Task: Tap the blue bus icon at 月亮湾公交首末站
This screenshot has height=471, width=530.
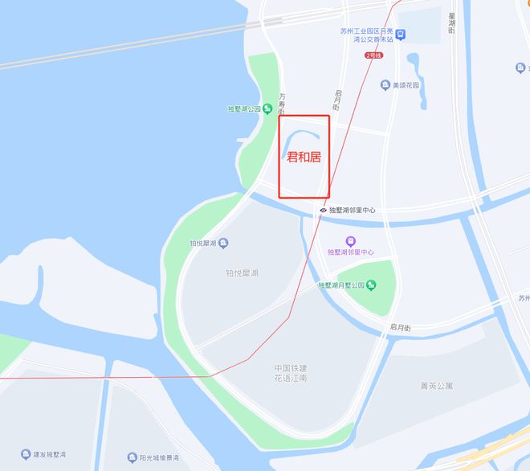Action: (x=400, y=35)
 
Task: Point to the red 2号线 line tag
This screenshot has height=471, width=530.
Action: (x=374, y=55)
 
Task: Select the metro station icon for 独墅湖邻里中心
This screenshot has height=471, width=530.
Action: (x=323, y=211)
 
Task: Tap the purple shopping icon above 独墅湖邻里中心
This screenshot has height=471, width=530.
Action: (x=350, y=240)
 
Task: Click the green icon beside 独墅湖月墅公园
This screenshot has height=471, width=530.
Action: (x=371, y=285)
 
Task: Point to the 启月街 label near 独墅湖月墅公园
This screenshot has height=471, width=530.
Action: (x=400, y=328)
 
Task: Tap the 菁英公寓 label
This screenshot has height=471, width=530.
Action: (x=437, y=387)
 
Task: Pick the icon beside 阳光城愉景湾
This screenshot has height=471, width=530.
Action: (x=132, y=457)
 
